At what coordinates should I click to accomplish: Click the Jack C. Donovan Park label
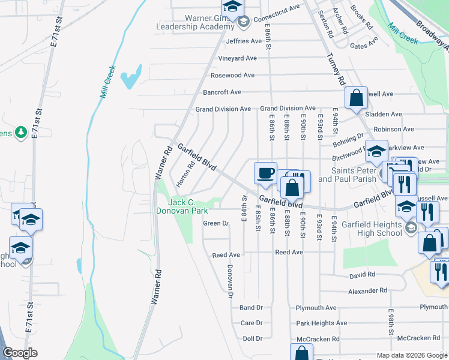click(182, 207)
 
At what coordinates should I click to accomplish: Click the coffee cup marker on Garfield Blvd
click(265, 173)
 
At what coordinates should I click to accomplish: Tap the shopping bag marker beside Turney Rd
click(355, 99)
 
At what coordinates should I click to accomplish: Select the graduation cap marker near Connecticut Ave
click(231, 7)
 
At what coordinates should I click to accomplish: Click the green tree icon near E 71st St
click(22, 131)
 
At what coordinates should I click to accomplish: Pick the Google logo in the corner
click(20, 353)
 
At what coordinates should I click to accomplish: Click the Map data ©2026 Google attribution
click(411, 355)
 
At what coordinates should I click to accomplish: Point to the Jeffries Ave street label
click(244, 41)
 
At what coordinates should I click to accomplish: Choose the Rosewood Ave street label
click(232, 76)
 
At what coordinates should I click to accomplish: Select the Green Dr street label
click(217, 223)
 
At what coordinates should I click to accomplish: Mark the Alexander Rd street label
click(367, 290)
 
